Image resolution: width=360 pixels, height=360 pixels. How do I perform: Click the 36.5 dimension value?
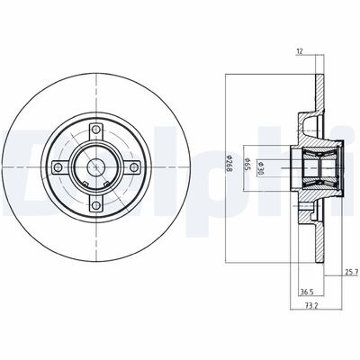307,292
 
